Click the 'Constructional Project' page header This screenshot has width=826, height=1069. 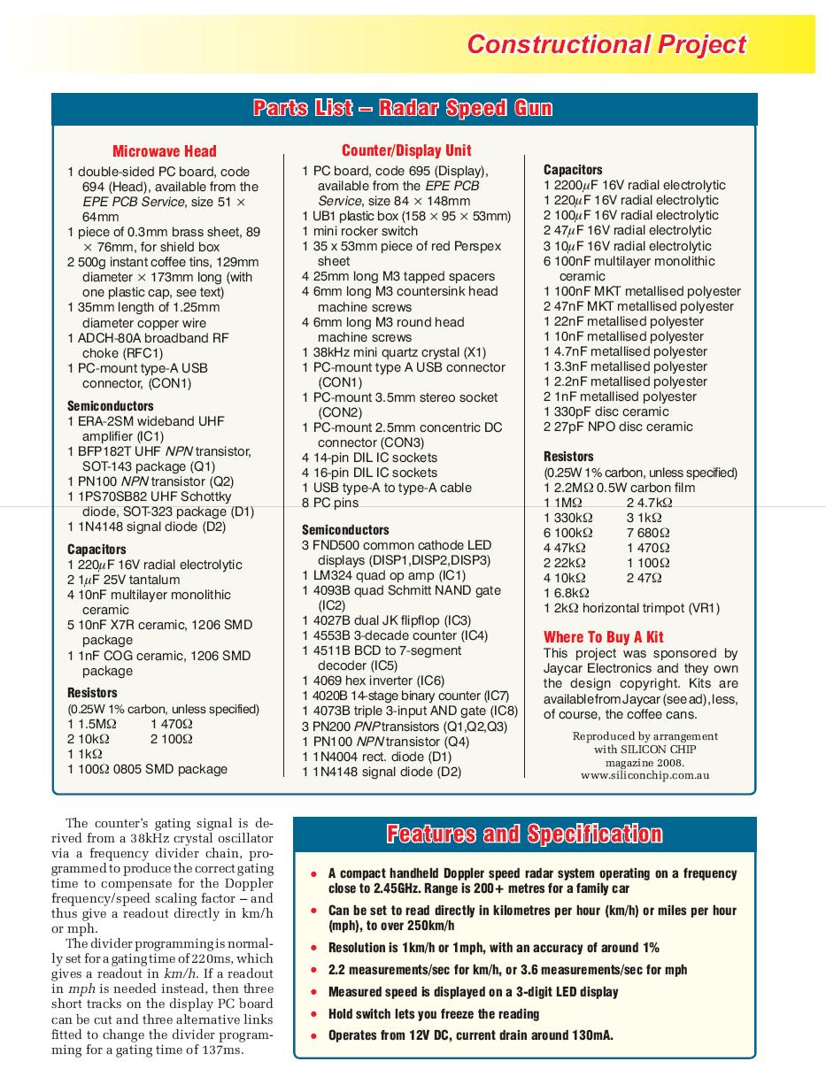[606, 44]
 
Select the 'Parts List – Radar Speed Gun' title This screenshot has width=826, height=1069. [403, 109]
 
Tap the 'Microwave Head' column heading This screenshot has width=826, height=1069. [164, 151]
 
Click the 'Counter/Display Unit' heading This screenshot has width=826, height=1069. [406, 150]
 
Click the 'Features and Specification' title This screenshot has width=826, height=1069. [524, 834]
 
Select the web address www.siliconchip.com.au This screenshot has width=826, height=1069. [645, 775]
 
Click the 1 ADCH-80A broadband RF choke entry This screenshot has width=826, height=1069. [148, 345]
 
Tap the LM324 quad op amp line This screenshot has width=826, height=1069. [382, 575]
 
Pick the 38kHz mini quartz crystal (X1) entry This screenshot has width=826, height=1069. [393, 352]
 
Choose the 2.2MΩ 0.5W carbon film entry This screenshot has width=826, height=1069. [619, 488]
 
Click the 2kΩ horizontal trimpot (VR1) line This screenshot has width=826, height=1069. [631, 608]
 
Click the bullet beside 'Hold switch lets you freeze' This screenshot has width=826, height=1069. [313, 1015]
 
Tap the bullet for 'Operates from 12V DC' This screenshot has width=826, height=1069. [313, 1036]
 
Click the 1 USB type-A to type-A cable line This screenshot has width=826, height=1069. [386, 488]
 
